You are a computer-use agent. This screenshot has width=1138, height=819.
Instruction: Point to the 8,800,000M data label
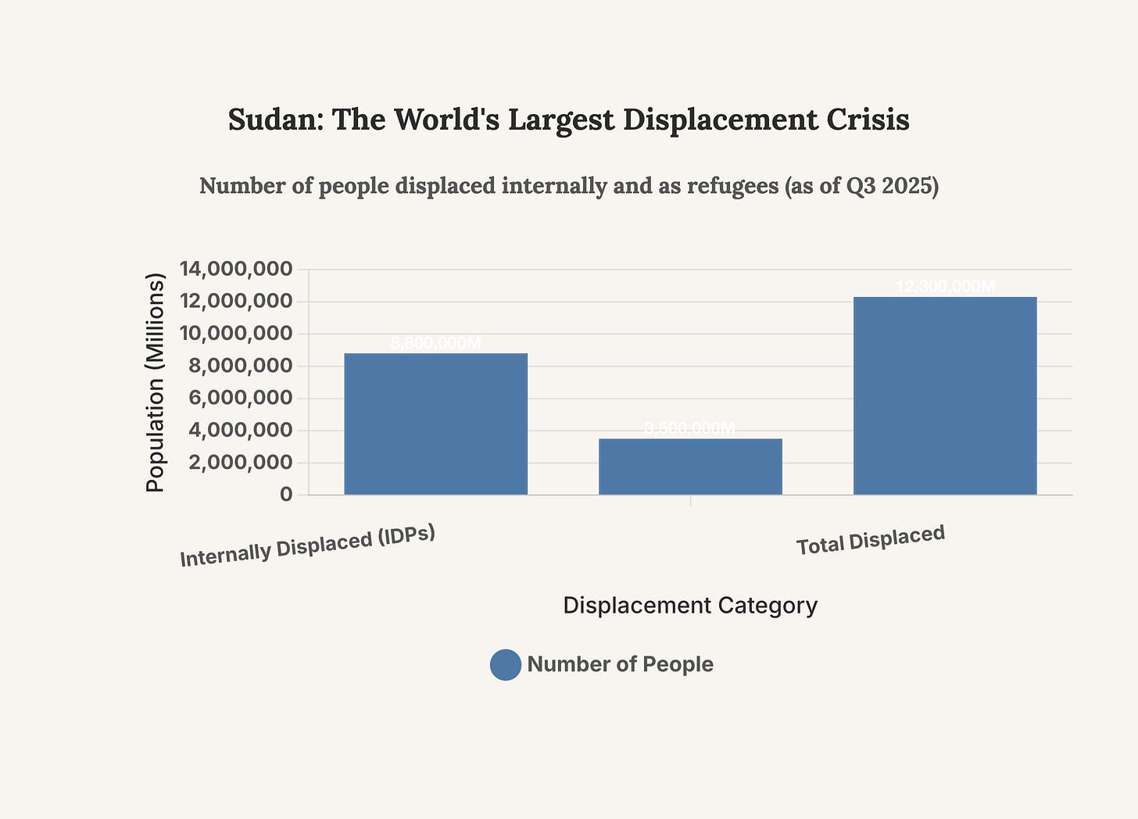[x=435, y=343]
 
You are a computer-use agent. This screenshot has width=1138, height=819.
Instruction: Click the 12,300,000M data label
[x=945, y=287]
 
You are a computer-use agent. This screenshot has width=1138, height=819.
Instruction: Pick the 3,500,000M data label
[x=690, y=428]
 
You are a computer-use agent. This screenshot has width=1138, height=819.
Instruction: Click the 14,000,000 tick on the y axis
[x=236, y=270]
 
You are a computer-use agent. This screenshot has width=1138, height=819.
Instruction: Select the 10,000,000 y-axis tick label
[x=236, y=334]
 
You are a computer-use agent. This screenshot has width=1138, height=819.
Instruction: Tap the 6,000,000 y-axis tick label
[x=236, y=399]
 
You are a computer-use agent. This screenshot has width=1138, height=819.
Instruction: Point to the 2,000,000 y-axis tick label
[x=236, y=463]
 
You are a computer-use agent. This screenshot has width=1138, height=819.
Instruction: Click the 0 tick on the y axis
[x=286, y=495]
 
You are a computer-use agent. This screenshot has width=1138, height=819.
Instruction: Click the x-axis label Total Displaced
[x=871, y=541]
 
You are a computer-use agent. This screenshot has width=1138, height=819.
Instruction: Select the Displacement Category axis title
[x=690, y=606]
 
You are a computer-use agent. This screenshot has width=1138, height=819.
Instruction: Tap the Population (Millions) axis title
[x=156, y=382]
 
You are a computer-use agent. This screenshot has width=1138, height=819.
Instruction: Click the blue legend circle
[x=506, y=665]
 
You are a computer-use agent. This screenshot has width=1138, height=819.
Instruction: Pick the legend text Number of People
[x=620, y=665]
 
